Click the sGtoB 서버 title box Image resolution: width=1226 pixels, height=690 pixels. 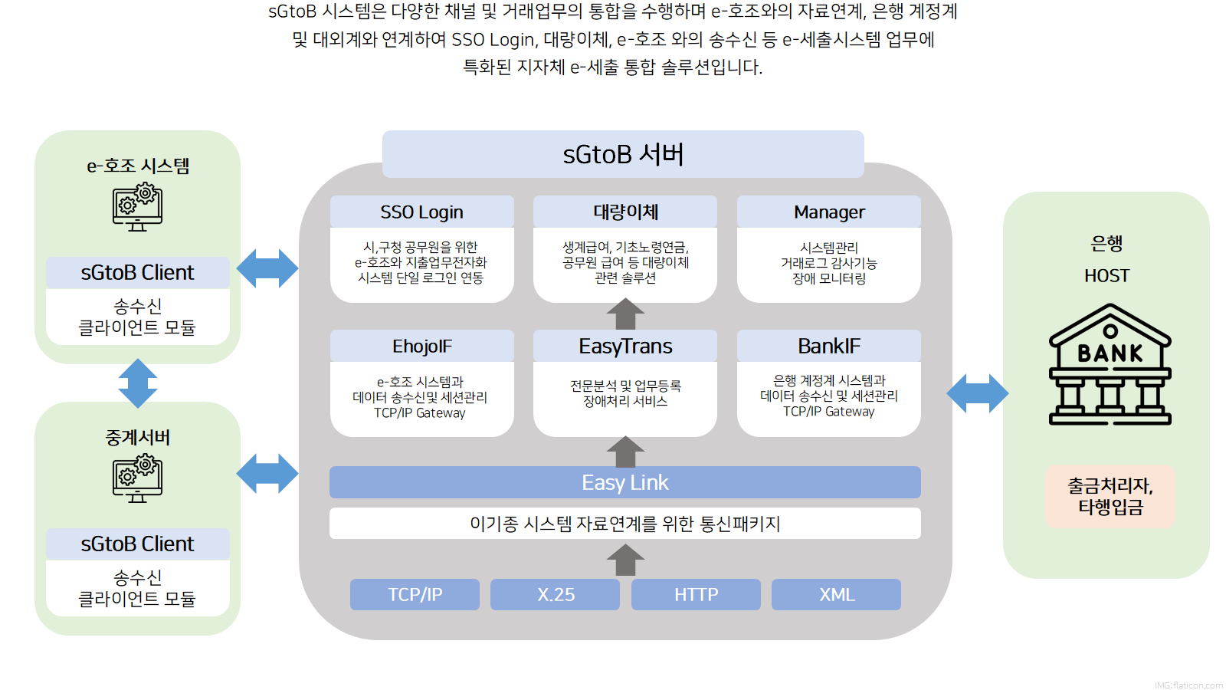pos(623,154)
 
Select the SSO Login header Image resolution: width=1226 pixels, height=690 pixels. pos(422,212)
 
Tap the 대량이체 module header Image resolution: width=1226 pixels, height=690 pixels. pos(625,212)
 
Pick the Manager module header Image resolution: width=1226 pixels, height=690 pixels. pos(828,212)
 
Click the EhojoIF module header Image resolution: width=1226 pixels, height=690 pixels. pos(422,346)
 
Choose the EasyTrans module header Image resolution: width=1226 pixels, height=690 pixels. pos(625,346)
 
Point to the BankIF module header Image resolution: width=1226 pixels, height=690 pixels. pos(828,346)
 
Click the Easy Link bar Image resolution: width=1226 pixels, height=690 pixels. pos(625,482)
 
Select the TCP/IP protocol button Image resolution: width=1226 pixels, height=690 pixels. pos(415,594)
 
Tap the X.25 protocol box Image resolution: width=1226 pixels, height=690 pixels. pos(555,594)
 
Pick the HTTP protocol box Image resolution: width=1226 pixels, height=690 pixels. pos(696,594)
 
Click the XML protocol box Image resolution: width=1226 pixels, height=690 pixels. pos(836,594)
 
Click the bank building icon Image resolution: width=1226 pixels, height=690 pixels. pos(1110,364)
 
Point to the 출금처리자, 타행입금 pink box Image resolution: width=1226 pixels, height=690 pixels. pos(1110,496)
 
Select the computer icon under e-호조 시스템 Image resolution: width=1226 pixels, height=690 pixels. pos(137,208)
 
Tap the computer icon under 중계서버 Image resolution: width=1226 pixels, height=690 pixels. pos(137,478)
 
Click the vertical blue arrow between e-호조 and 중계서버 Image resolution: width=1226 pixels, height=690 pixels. pos(138,383)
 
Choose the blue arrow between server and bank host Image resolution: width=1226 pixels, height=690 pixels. pos(978,393)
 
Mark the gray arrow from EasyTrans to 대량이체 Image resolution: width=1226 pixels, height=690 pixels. pos(625,314)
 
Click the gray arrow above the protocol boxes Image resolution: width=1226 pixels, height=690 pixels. pos(625,560)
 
